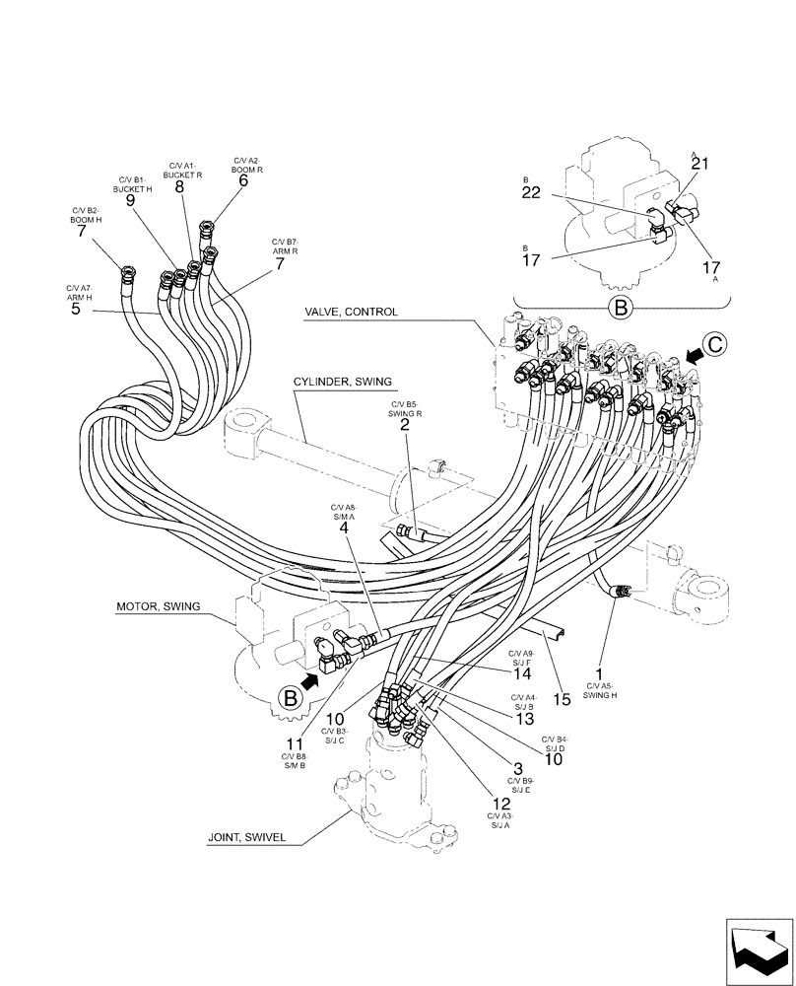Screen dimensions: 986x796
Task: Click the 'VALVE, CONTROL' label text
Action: pos(352,313)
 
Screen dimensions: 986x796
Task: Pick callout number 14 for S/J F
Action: pos(521,674)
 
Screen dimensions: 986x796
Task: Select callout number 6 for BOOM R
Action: pos(243,180)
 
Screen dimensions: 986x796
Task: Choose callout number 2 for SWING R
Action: pos(405,425)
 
